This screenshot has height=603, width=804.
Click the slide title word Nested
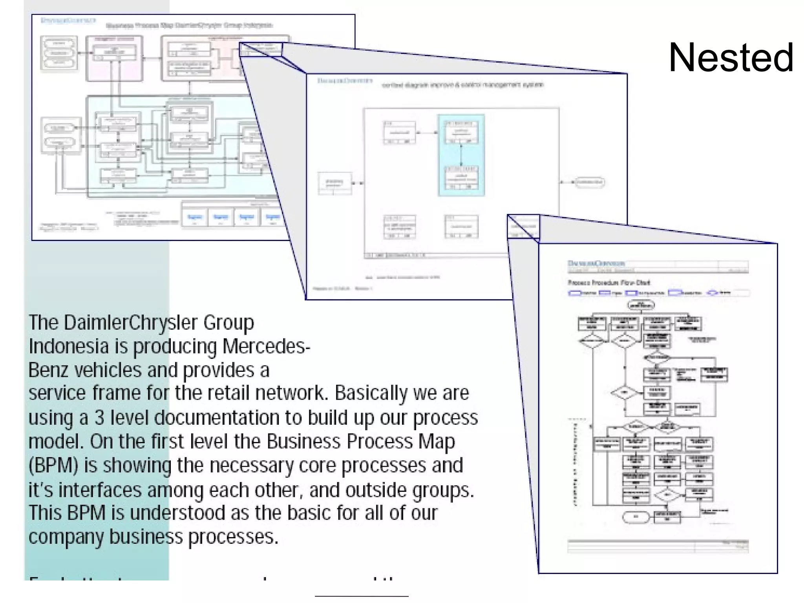(x=731, y=58)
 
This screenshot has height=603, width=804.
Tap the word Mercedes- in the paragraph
(x=266, y=346)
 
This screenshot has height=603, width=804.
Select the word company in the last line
(x=66, y=537)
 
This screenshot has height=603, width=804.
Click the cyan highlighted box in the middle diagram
(x=461, y=155)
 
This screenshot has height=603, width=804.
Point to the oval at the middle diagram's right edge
(x=589, y=182)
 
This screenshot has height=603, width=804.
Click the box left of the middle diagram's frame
(x=334, y=183)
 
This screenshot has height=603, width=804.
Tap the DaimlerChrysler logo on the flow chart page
(x=596, y=263)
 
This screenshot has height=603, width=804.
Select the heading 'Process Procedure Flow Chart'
(x=608, y=283)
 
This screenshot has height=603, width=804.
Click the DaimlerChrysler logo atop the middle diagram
(x=345, y=81)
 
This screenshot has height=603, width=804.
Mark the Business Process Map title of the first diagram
(x=189, y=26)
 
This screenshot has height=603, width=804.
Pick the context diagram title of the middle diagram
(x=462, y=85)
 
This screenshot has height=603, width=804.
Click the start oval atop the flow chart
(x=641, y=305)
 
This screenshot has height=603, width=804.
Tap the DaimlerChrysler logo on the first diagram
(x=68, y=20)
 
